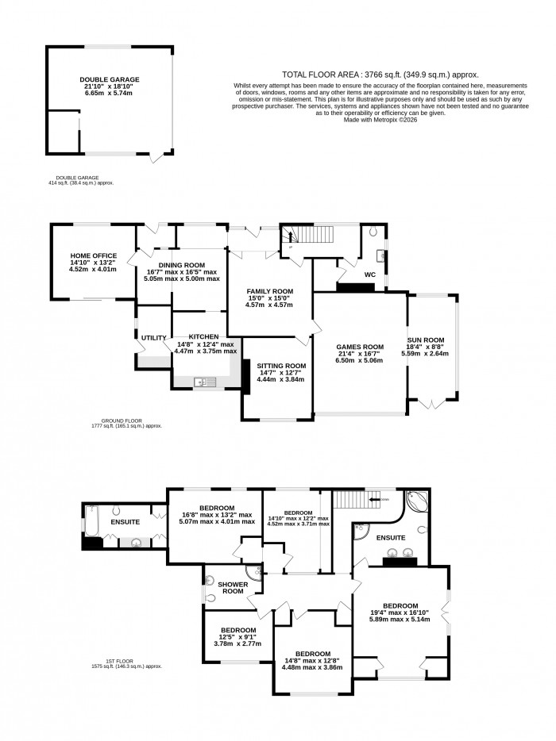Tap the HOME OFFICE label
(93, 255)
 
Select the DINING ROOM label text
(181, 265)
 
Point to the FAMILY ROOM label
(269, 291)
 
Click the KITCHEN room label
(204, 337)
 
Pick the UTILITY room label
(153, 338)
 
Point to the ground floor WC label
(369, 275)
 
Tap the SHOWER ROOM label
(233, 588)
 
